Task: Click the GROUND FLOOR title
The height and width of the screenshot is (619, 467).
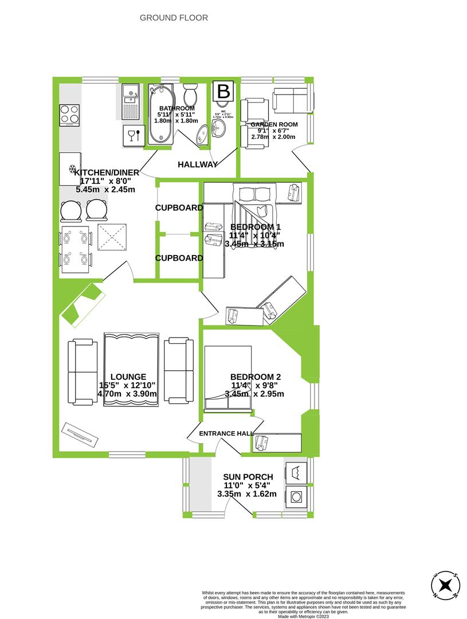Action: point(174,18)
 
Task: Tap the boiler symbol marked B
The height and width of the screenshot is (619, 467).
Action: point(223,91)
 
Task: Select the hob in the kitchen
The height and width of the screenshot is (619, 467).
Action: point(70,113)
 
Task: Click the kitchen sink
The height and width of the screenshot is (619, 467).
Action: point(130,101)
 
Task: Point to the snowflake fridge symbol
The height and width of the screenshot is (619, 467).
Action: point(72,169)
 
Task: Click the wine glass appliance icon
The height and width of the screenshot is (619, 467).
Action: point(133,136)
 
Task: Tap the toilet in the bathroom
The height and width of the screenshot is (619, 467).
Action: point(191,95)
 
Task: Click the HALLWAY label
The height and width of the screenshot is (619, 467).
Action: point(198,164)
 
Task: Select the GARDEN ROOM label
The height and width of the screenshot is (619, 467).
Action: point(273,124)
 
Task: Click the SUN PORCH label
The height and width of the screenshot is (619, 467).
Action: point(249,477)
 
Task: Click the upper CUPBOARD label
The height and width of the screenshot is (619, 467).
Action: point(179,208)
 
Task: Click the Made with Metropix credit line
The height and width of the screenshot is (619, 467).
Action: point(303,616)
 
